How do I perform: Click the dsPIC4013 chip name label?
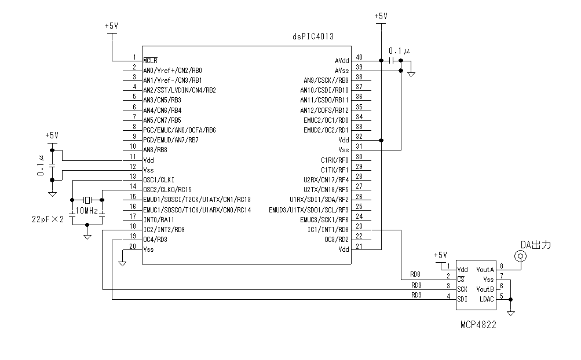(312, 36)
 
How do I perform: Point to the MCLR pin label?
(151, 60)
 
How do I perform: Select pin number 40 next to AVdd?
(359, 57)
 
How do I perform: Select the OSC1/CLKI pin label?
(159, 179)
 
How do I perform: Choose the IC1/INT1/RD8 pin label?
(328, 230)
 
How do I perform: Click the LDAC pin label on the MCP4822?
(486, 299)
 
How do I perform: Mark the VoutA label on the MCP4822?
(485, 269)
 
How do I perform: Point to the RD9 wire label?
(416, 285)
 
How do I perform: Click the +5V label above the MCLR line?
(112, 26)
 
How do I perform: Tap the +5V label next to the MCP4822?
(441, 255)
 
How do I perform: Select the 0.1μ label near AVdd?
(399, 51)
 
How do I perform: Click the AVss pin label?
(342, 70)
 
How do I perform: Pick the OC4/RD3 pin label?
(155, 239)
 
